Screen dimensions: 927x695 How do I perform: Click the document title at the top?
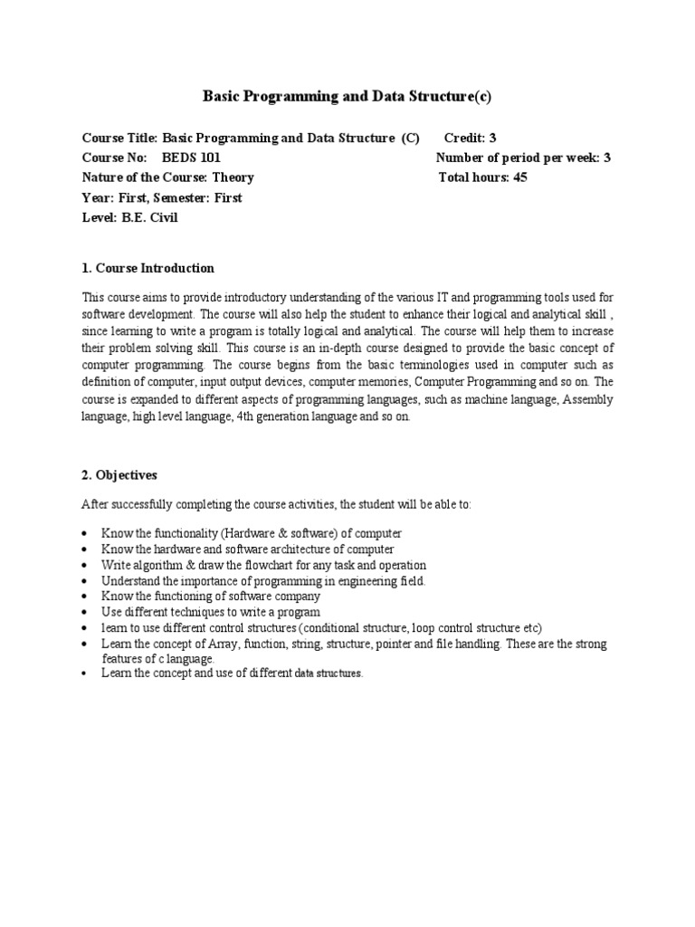tap(347, 96)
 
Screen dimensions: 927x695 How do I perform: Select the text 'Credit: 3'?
tap(470, 138)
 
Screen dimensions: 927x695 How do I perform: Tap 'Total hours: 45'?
tap(482, 177)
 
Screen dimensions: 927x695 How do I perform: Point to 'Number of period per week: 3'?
tap(523, 158)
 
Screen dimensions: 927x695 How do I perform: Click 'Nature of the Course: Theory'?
tap(168, 177)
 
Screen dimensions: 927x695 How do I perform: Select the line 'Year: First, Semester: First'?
tap(162, 197)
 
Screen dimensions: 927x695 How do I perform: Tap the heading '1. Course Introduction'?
tap(148, 268)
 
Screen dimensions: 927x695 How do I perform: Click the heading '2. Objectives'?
tap(119, 474)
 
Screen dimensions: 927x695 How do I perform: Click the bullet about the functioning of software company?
tap(211, 597)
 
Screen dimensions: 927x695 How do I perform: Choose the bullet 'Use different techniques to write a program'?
tap(211, 612)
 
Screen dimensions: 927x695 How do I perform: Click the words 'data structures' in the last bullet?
tap(328, 674)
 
